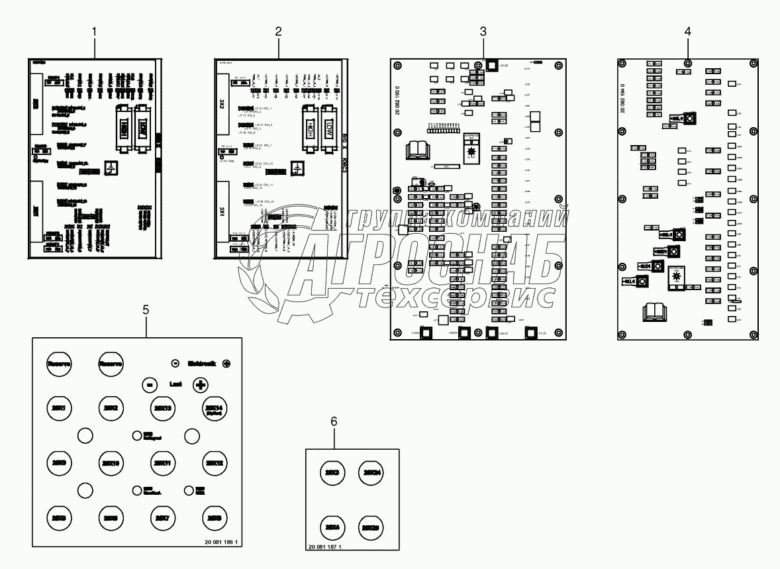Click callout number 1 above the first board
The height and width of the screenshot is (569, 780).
pyautogui.click(x=95, y=31)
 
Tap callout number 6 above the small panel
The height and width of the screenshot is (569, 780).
pyautogui.click(x=334, y=421)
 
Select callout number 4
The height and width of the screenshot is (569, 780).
pyautogui.click(x=688, y=31)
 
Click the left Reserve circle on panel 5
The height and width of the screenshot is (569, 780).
pyautogui.click(x=60, y=364)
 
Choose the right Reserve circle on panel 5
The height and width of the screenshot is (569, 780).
pyautogui.click(x=111, y=364)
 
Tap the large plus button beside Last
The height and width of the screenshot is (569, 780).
pyautogui.click(x=200, y=384)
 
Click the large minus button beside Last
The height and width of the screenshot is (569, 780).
pyautogui.click(x=150, y=384)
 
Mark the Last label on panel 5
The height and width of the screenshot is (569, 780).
pyautogui.click(x=175, y=384)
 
